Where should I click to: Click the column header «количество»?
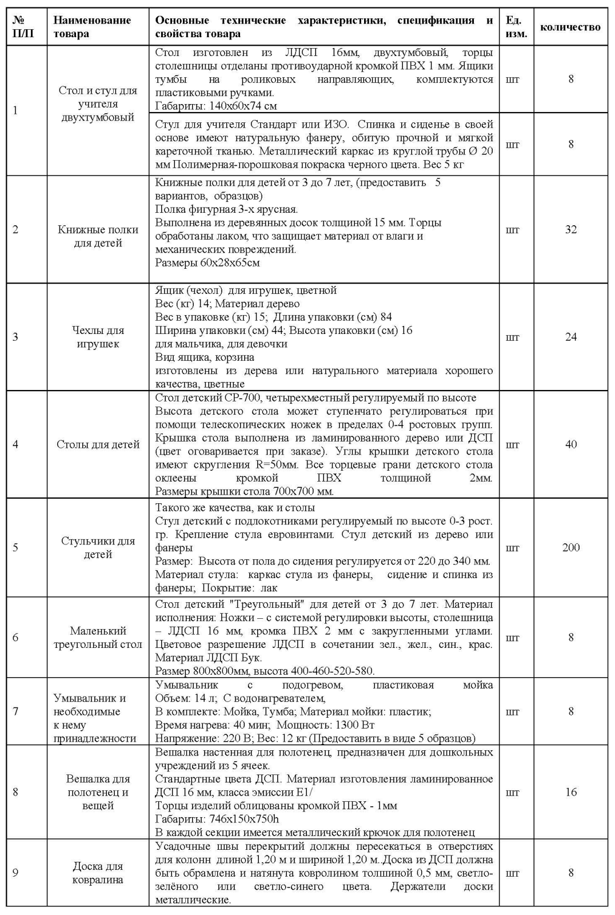[x=570, y=27]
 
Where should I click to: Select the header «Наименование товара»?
[x=92, y=27]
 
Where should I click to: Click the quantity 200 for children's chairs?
[x=570, y=547]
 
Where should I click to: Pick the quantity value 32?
[x=570, y=229]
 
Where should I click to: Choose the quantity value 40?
[x=570, y=444]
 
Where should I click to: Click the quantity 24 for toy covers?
[x=570, y=337]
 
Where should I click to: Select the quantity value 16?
[x=570, y=792]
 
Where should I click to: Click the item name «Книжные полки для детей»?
[x=98, y=236]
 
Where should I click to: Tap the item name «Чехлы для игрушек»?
[x=98, y=337]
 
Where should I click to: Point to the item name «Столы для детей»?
[x=98, y=444]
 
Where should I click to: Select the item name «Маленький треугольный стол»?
[x=98, y=638]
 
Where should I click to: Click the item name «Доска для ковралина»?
[x=98, y=873]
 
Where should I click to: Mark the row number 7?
[x=15, y=711]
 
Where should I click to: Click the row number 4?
[x=15, y=444]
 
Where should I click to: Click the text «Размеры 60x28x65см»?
[x=207, y=263]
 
